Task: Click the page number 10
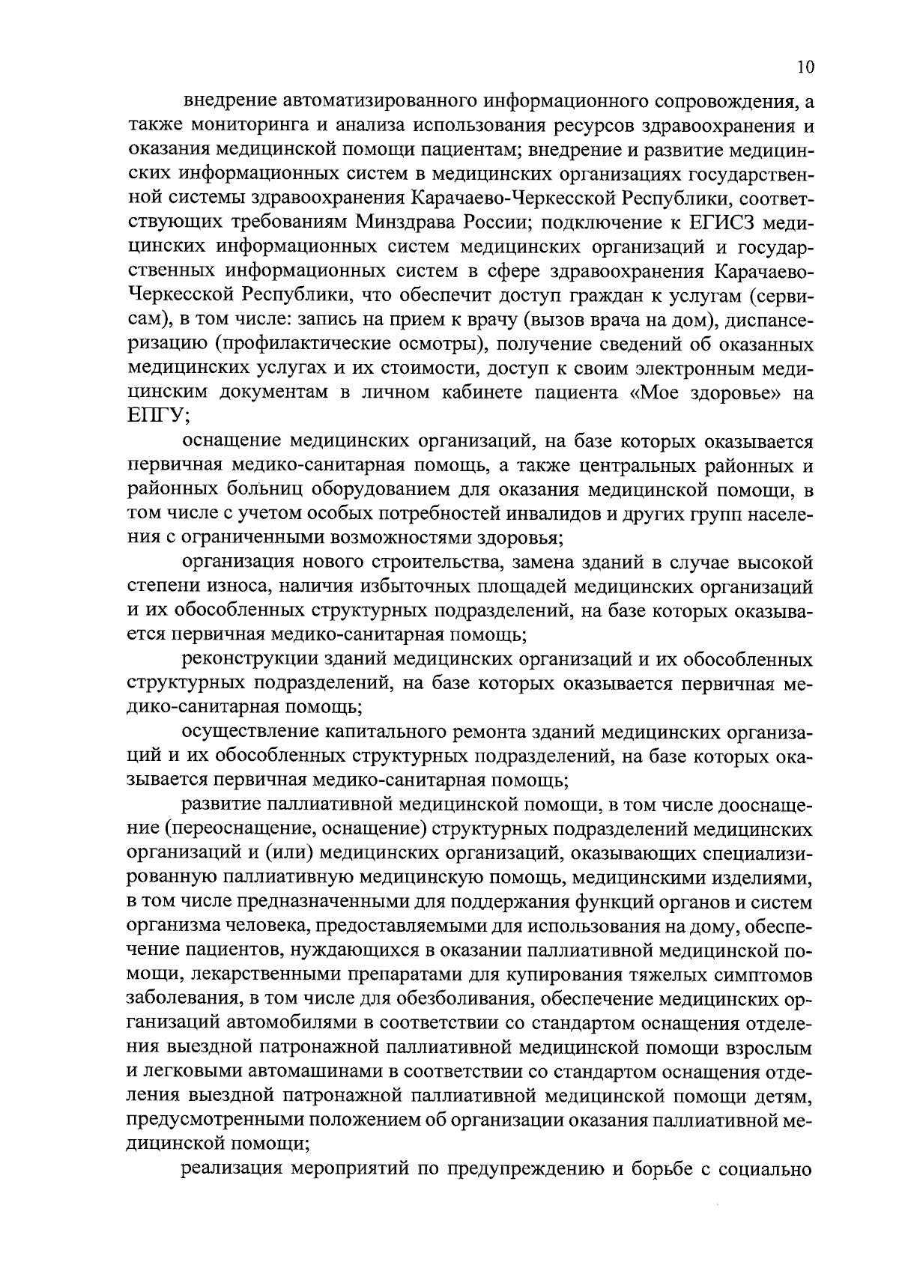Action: click(805, 67)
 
